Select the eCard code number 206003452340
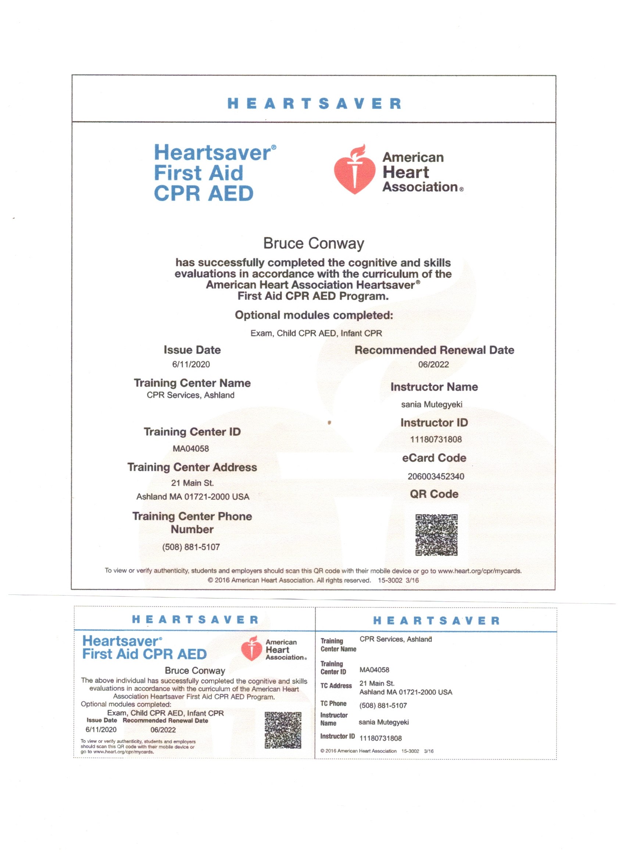point(436,477)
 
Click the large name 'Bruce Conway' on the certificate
point(314,244)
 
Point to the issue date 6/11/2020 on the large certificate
point(191,364)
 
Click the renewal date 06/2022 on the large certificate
point(433,364)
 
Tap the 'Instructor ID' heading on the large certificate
point(434,423)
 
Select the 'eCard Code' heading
point(434,458)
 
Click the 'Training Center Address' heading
point(192,467)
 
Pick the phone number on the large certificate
point(191,547)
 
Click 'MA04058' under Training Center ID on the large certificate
point(191,449)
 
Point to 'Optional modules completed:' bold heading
point(314,315)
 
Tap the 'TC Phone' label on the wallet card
point(333,703)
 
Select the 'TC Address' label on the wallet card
point(336,686)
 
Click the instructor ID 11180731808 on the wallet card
point(380,738)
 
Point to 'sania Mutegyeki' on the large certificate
point(432,405)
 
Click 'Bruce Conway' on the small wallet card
point(195,671)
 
